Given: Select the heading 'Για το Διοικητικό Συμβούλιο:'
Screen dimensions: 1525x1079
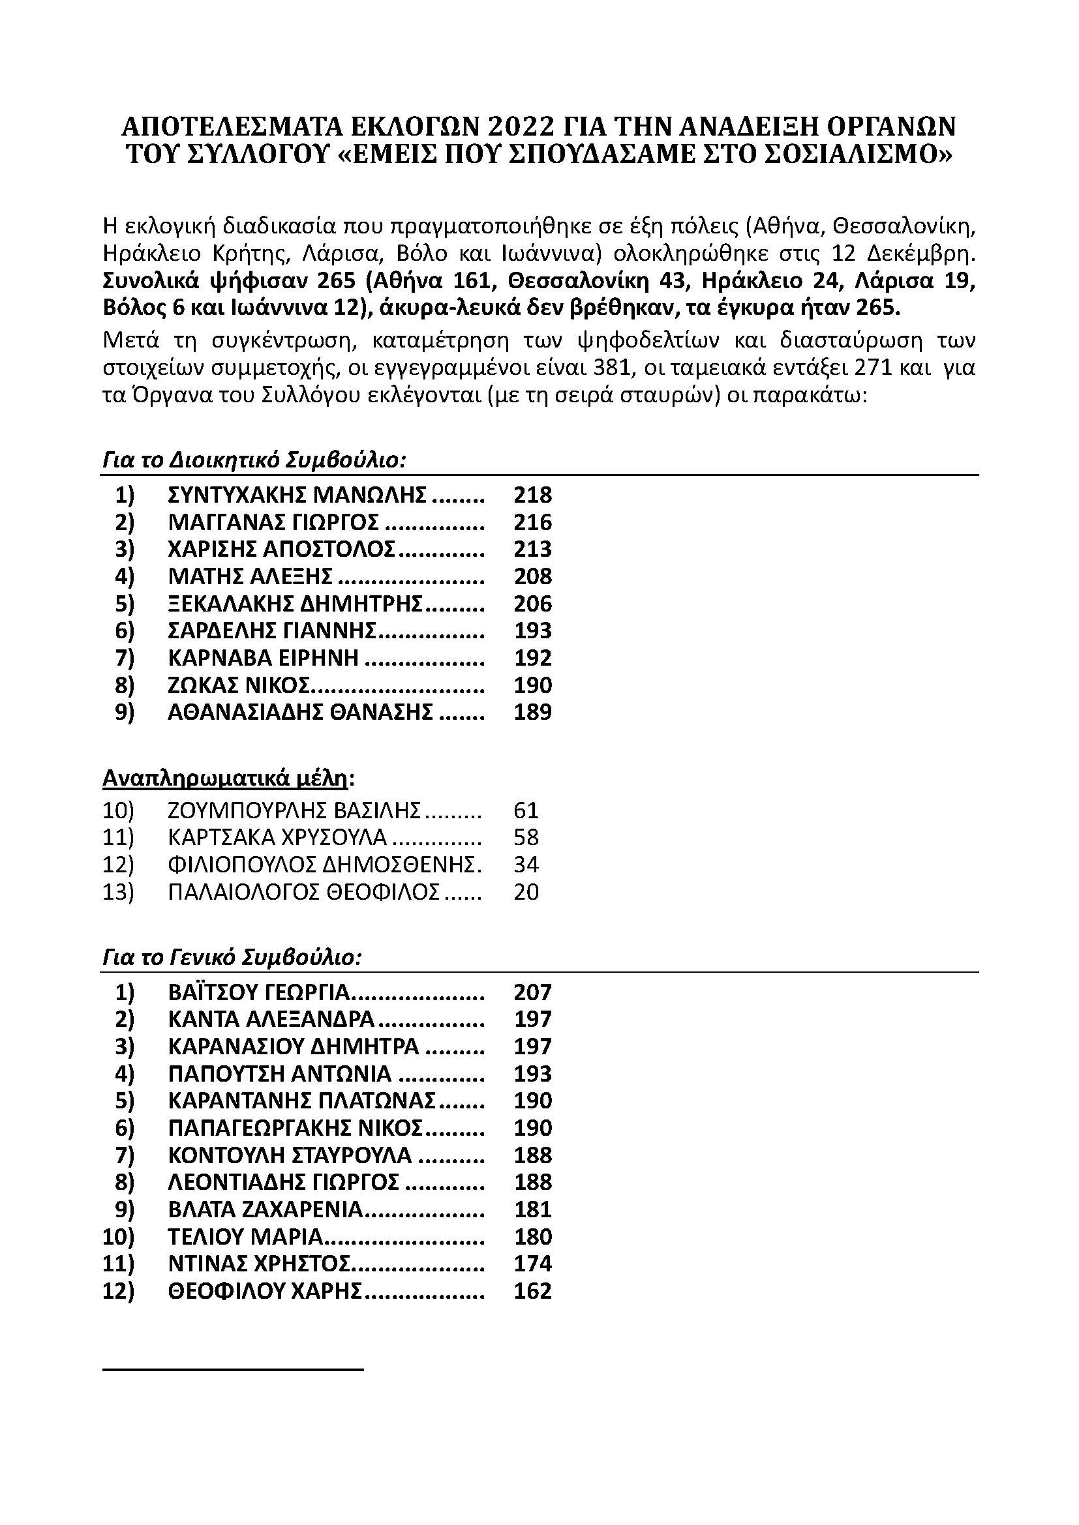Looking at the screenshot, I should tap(254, 460).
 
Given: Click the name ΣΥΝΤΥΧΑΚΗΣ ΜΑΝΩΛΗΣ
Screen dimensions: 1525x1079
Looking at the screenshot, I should tap(297, 495).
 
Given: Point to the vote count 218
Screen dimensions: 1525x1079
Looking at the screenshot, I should tap(533, 495).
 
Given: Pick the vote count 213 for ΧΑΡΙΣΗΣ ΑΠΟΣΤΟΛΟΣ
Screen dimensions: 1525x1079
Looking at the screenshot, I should tap(533, 549).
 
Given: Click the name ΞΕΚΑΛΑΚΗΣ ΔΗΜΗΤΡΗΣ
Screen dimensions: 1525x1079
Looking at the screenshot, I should tap(296, 604).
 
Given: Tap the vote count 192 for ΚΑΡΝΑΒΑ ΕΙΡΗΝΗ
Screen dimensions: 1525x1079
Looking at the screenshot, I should tap(533, 658).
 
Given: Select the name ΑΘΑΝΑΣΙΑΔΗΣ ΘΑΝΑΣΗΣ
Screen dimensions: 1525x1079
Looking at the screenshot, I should tap(300, 712).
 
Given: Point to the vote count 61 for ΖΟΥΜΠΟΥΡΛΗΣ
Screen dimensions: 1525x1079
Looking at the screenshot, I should tap(526, 810).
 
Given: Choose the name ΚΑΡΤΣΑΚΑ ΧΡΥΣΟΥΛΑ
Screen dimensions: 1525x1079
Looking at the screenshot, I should tap(278, 838).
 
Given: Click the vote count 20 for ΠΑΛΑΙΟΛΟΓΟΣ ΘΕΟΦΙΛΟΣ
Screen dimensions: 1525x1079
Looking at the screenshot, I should tap(526, 892).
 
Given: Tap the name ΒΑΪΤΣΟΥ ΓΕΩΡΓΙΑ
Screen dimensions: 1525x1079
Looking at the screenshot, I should tap(259, 992).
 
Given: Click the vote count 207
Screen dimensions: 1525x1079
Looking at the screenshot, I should tap(533, 992).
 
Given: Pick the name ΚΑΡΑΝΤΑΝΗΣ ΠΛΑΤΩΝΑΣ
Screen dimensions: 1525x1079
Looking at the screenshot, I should tap(302, 1101).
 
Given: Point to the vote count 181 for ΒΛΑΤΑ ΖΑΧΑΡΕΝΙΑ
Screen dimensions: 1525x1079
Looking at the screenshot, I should tap(533, 1209).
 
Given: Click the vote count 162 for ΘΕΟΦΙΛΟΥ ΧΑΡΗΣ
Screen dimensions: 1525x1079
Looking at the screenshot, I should tap(533, 1290).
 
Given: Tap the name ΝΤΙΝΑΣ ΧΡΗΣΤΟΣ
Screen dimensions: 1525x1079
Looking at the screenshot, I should tap(260, 1264).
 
